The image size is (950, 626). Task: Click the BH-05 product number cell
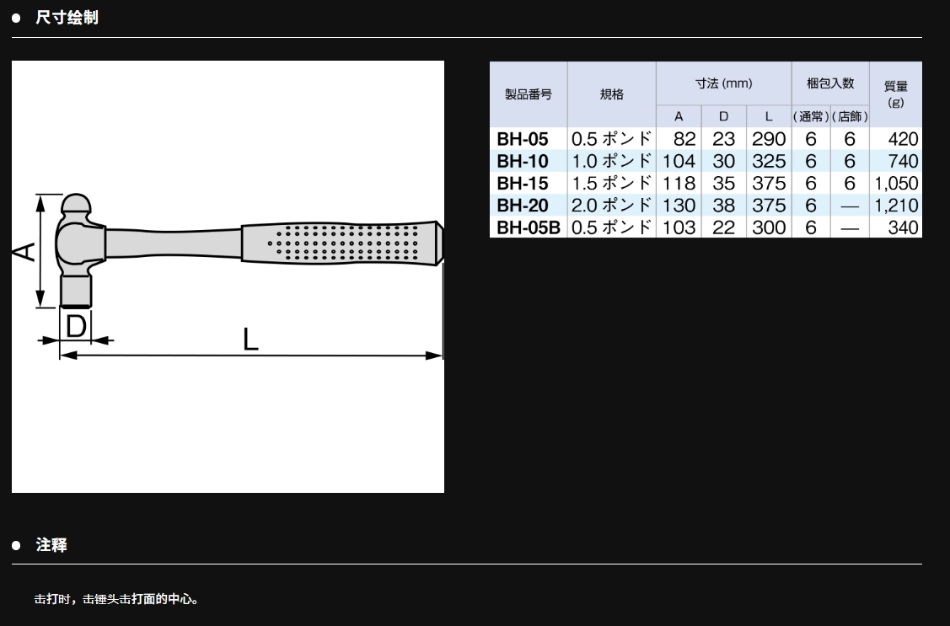523,139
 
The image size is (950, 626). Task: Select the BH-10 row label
523,162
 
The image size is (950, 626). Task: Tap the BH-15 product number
523,184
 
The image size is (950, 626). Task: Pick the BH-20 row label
523,206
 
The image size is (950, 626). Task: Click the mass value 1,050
896,184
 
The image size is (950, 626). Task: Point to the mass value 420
904,139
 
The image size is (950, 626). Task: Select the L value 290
769,139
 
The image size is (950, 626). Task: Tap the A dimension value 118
679,184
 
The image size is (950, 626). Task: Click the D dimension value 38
723,206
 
